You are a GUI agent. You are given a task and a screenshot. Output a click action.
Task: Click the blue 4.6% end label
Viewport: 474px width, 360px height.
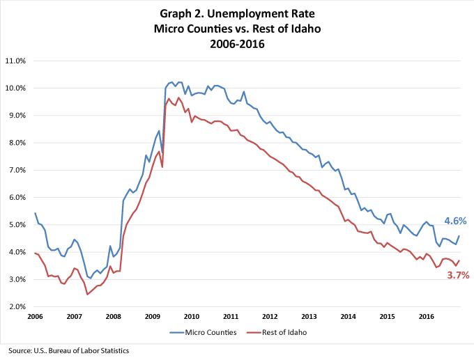pyautogui.click(x=455, y=221)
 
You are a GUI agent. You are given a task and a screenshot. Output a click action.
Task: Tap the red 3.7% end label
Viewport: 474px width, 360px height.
pyautogui.click(x=457, y=275)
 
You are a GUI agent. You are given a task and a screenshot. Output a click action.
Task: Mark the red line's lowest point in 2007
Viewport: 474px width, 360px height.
pyautogui.click(x=87, y=295)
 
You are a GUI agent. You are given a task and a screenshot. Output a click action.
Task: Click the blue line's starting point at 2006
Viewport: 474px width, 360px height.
pyautogui.click(x=35, y=213)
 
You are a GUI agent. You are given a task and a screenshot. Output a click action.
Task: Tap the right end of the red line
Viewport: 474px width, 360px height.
pyautogui.click(x=459, y=260)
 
